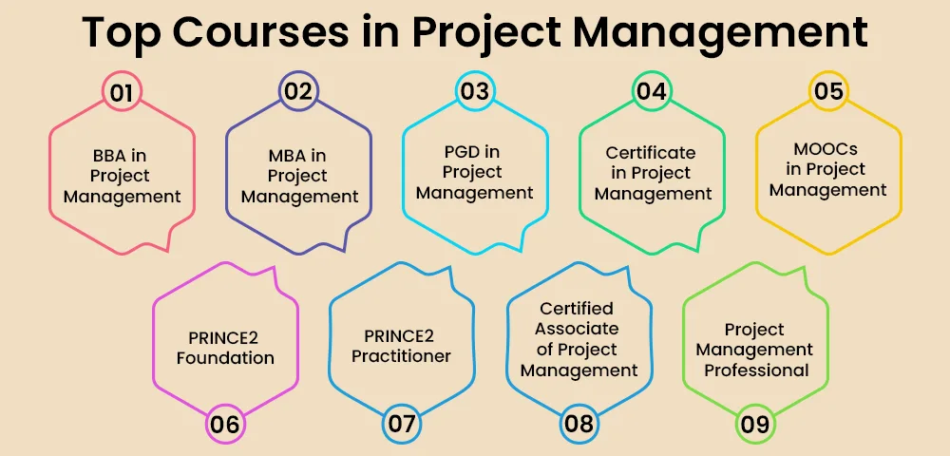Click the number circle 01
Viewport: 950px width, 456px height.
point(122,92)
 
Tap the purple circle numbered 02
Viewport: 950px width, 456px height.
point(298,92)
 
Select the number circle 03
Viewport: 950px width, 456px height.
point(474,92)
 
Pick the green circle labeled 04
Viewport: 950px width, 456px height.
point(651,92)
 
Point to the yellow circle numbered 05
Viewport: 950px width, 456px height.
point(827,92)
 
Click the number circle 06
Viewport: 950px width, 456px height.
point(225,424)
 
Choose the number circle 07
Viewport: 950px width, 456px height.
point(402,424)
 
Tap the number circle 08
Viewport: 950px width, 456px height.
point(579,424)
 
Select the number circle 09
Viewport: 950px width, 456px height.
point(755,424)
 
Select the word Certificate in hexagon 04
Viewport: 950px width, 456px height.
point(651,152)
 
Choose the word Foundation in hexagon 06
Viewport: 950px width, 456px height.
point(225,358)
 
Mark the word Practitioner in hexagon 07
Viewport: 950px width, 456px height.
point(401,357)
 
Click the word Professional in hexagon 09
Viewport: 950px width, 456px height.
point(756,370)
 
